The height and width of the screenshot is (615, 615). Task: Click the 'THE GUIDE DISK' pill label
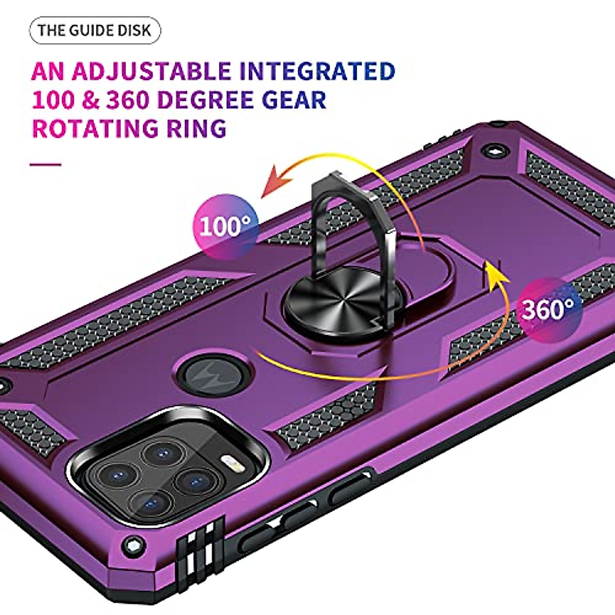(95, 30)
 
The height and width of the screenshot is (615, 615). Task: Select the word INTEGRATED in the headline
(318, 71)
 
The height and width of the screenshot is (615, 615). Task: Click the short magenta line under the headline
(46, 165)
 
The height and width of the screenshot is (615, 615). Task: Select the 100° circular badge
(225, 226)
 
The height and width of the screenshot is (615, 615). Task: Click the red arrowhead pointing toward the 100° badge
(274, 184)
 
